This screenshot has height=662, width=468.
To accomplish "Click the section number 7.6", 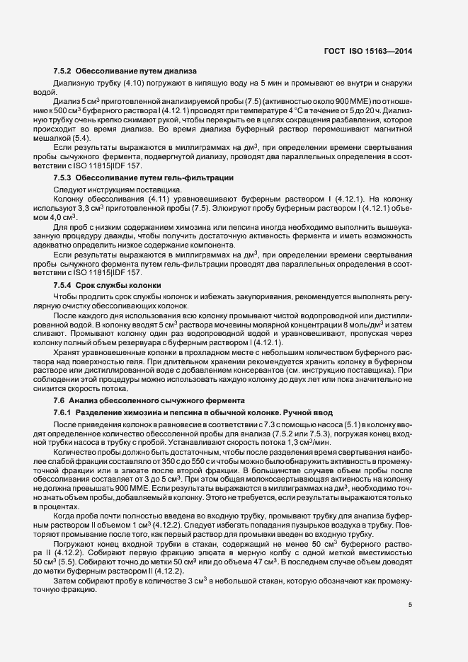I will pyautogui.click(x=60, y=400).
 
